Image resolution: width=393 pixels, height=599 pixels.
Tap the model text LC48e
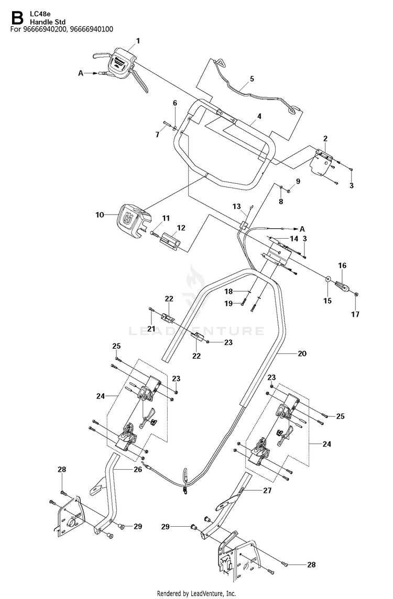point(38,15)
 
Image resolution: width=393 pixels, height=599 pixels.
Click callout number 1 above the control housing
point(138,41)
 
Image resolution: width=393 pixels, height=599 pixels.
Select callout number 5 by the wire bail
point(252,79)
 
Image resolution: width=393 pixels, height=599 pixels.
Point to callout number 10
point(100,215)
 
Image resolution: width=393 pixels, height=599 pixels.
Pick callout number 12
point(181,228)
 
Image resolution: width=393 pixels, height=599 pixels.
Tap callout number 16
point(342,265)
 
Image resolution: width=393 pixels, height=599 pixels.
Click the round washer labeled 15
point(328,279)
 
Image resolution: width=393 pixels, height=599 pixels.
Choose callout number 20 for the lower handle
point(302,353)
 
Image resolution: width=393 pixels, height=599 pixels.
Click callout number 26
point(138,470)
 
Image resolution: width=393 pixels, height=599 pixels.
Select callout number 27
point(267,490)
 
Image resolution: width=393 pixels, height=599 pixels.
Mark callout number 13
point(237,207)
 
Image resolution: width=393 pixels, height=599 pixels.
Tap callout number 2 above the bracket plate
point(325,138)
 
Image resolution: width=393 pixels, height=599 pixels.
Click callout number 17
point(355,314)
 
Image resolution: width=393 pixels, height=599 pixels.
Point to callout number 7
point(157,135)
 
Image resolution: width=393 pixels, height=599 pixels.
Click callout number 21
point(151,328)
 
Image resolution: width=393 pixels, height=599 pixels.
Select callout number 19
point(228,304)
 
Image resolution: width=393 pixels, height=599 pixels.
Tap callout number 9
point(298,181)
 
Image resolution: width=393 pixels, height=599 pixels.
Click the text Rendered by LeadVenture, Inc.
point(196,593)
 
